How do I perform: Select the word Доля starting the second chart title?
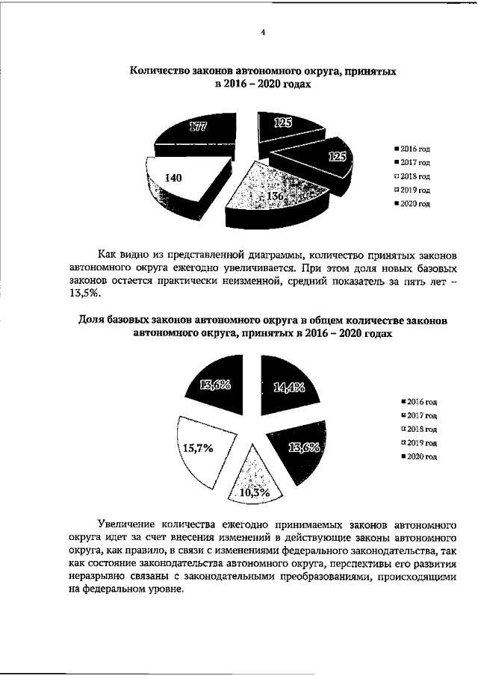pos(94,320)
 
